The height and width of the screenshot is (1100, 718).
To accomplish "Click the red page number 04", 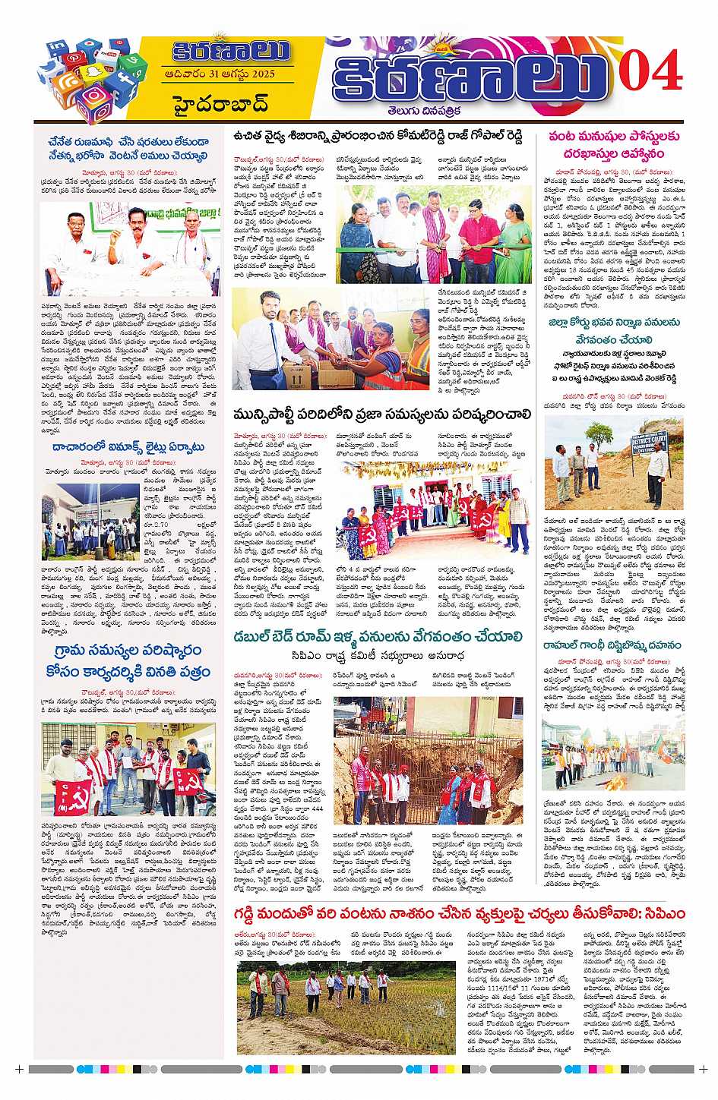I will pos(650,73).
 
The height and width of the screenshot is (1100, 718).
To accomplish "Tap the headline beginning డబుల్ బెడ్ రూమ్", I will pos(378,636).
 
